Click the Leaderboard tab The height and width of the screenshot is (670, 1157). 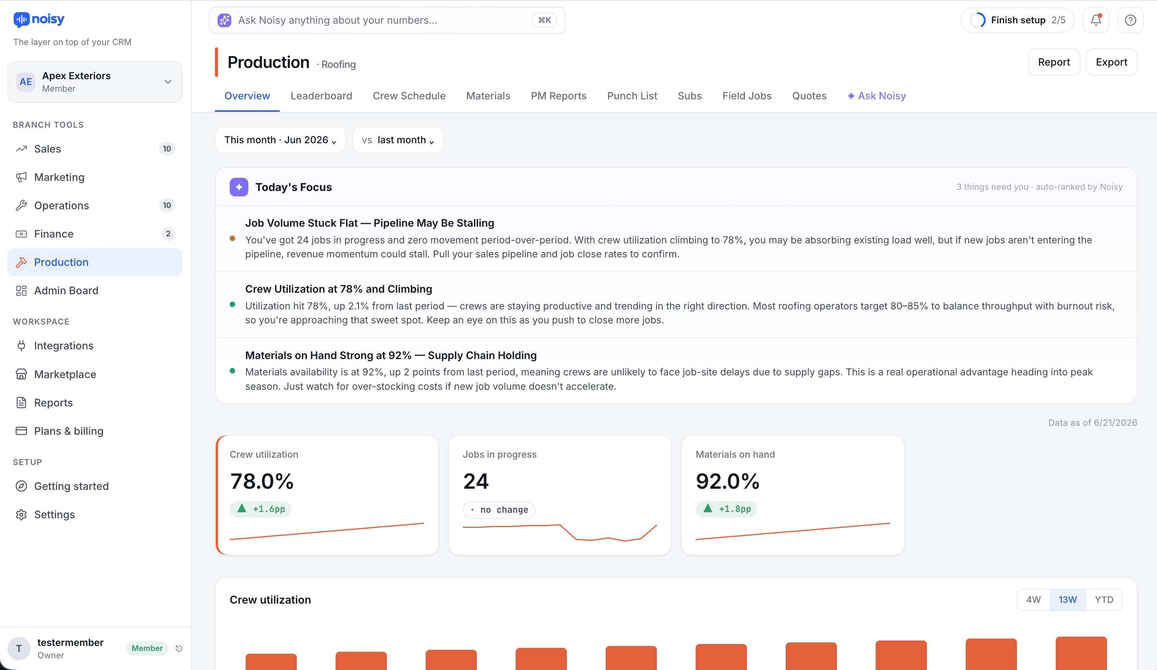(x=321, y=96)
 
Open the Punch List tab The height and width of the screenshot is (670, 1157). (x=632, y=96)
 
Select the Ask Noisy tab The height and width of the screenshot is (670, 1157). (x=876, y=96)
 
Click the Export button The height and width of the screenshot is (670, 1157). (x=1111, y=62)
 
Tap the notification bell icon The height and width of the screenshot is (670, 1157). (x=1096, y=20)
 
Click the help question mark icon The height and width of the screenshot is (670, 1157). (x=1130, y=20)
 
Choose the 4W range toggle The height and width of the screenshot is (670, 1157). (x=1034, y=600)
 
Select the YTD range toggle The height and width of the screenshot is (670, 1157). (x=1104, y=600)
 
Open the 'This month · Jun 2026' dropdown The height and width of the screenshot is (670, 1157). (x=280, y=140)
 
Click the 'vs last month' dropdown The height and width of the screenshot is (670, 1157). (x=398, y=140)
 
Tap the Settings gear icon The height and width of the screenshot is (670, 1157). (x=21, y=514)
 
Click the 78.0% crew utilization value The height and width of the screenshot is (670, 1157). (x=262, y=481)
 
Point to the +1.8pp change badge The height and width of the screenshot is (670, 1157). (x=726, y=509)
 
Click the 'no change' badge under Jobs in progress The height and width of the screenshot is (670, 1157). (x=499, y=510)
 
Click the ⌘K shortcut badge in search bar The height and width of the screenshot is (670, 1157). (x=544, y=20)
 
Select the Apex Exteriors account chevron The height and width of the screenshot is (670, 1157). (x=168, y=82)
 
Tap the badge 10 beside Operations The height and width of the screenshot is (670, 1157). (x=167, y=205)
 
